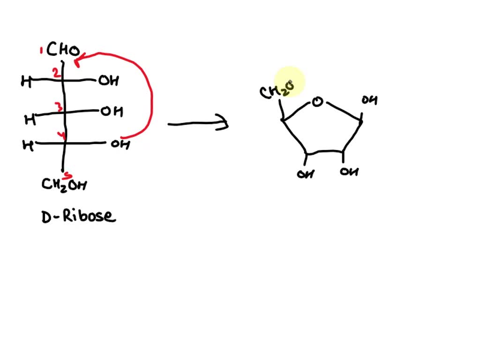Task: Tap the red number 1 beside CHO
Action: (41, 51)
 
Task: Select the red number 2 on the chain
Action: (56, 73)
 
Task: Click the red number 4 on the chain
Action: (61, 135)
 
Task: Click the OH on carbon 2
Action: (108, 81)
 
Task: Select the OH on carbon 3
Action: (112, 111)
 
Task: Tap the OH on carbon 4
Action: (120, 144)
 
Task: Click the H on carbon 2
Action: (26, 81)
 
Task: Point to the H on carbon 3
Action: (30, 120)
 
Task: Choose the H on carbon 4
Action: (28, 145)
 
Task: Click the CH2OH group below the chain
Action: (64, 185)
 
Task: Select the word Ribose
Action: (90, 216)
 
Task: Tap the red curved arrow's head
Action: (79, 60)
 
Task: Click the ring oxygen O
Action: (317, 102)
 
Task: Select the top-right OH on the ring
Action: (369, 100)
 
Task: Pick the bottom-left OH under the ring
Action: (306, 174)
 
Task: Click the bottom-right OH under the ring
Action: (349, 172)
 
